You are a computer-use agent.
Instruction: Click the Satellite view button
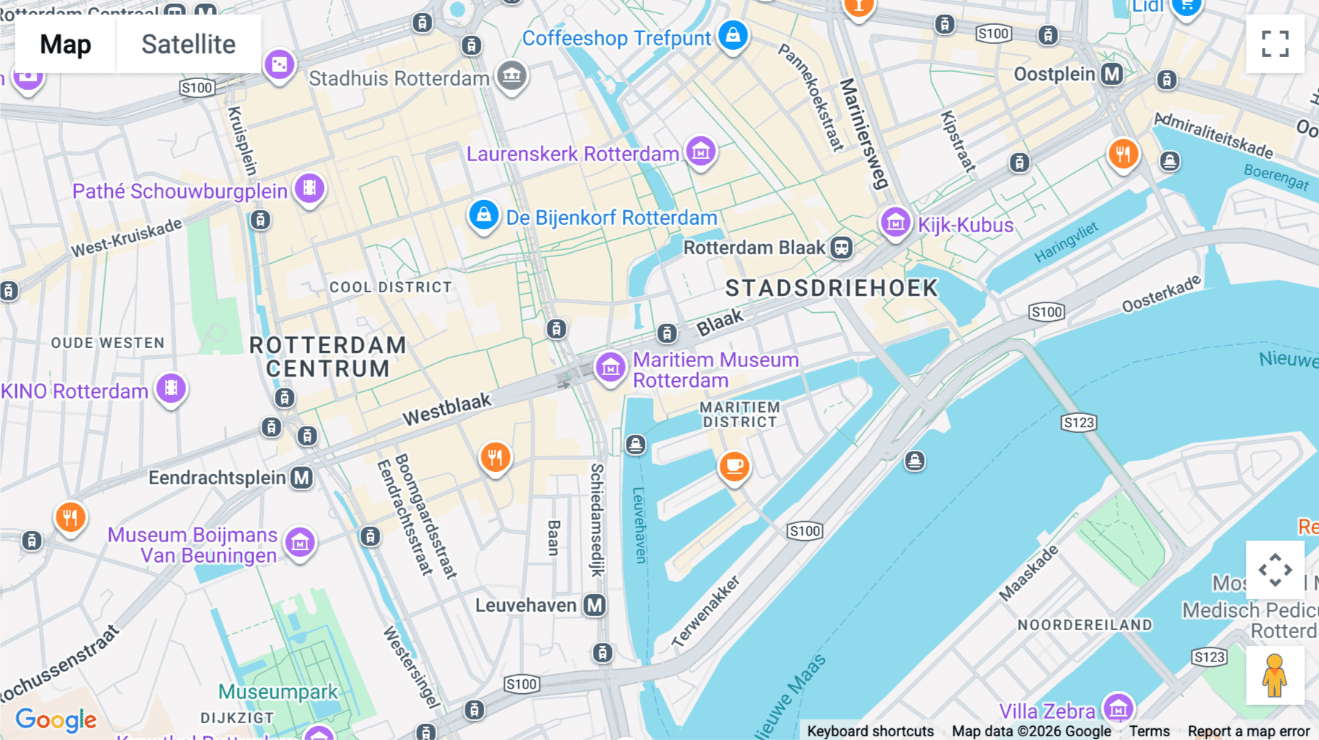[x=188, y=44]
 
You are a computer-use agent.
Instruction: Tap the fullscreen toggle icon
[x=1275, y=44]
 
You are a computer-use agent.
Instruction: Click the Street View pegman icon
[x=1274, y=676]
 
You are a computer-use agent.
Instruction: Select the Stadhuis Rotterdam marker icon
[x=511, y=75]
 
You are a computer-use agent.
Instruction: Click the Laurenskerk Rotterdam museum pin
[x=701, y=152]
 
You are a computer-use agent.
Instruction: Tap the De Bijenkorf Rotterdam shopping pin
[x=484, y=216]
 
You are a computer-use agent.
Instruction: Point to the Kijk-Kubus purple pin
[x=895, y=222]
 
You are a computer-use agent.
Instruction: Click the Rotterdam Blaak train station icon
[x=841, y=248]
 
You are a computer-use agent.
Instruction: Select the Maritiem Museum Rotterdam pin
[x=610, y=368]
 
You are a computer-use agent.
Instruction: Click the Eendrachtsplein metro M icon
[x=301, y=478]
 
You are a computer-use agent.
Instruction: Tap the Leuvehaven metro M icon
[x=594, y=605]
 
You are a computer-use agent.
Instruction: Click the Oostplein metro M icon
[x=1112, y=74]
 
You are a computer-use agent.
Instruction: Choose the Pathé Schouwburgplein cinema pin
[x=309, y=188]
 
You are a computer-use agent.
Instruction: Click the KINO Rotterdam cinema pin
[x=171, y=388]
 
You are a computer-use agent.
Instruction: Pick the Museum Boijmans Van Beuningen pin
[x=300, y=543]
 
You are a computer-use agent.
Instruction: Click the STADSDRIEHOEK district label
[x=831, y=288]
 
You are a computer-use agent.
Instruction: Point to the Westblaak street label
[x=447, y=409]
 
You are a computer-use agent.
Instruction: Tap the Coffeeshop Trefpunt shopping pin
[x=733, y=35]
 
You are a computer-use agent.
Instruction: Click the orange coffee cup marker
[x=734, y=466]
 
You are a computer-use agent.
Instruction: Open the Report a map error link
[x=1248, y=730]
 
